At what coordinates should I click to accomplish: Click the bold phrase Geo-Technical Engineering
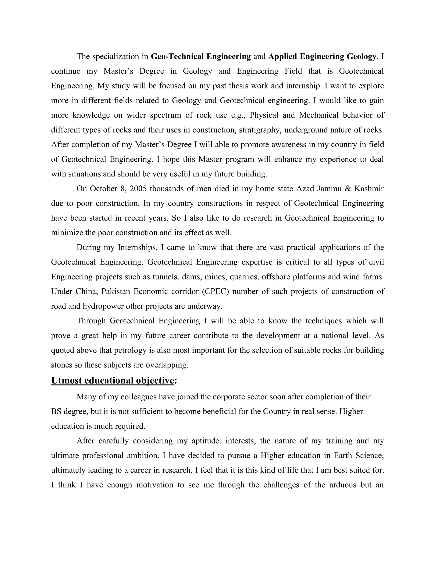tap(200, 56)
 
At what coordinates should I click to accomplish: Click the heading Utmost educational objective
tap(113, 380)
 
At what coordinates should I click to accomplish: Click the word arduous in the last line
tap(343, 485)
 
